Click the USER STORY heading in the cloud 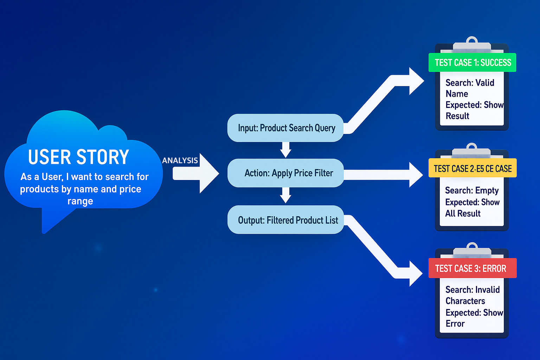pyautogui.click(x=78, y=157)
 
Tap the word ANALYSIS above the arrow pyautogui.click(x=180, y=160)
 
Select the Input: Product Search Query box pyautogui.click(x=285, y=128)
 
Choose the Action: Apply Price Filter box pyautogui.click(x=285, y=173)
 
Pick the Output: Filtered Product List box pyautogui.click(x=285, y=220)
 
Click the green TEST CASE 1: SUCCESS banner pyautogui.click(x=472, y=63)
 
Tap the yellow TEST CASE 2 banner pyautogui.click(x=472, y=168)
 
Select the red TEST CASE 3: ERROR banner pyautogui.click(x=472, y=268)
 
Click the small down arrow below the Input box pyautogui.click(x=286, y=150)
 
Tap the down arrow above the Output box pyautogui.click(x=286, y=195)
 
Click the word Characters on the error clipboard pyautogui.click(x=465, y=301)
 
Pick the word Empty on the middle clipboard pyautogui.click(x=487, y=191)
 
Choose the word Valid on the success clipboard pyautogui.click(x=485, y=83)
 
